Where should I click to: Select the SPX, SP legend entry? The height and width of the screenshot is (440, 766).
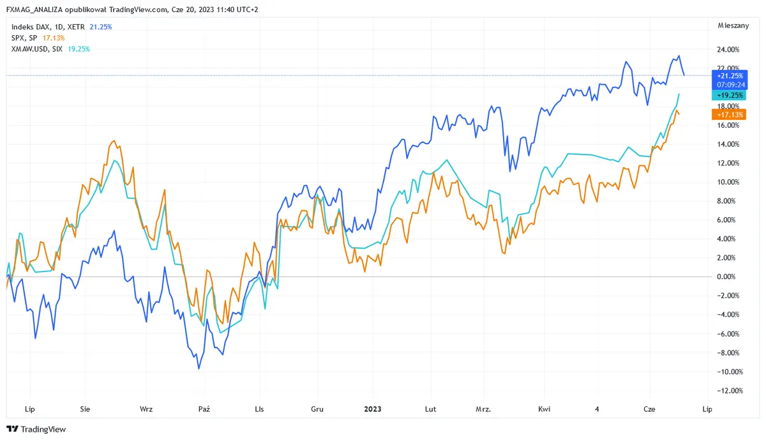25,38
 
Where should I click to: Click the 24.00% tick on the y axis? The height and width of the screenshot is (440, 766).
728,49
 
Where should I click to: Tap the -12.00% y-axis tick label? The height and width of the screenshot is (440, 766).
728,390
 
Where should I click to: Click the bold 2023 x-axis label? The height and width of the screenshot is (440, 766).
373,408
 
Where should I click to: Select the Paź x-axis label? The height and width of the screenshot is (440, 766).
204,408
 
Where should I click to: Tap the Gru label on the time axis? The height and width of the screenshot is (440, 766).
317,408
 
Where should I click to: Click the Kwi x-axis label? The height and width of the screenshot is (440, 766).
544,408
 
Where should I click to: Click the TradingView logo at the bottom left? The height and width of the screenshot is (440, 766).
36,429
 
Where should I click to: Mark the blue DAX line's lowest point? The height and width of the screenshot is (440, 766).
199,368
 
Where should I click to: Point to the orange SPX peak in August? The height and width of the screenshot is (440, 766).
114,141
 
